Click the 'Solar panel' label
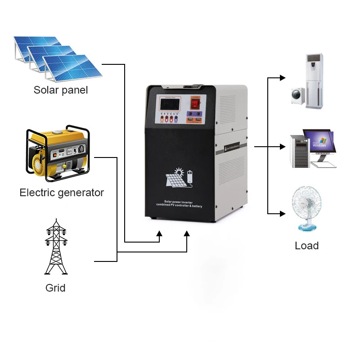61,90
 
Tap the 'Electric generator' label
62,193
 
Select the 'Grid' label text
55,288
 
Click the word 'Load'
306,246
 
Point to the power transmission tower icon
56,247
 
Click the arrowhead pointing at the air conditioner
282,78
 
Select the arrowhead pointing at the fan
282,213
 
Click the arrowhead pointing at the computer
282,147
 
